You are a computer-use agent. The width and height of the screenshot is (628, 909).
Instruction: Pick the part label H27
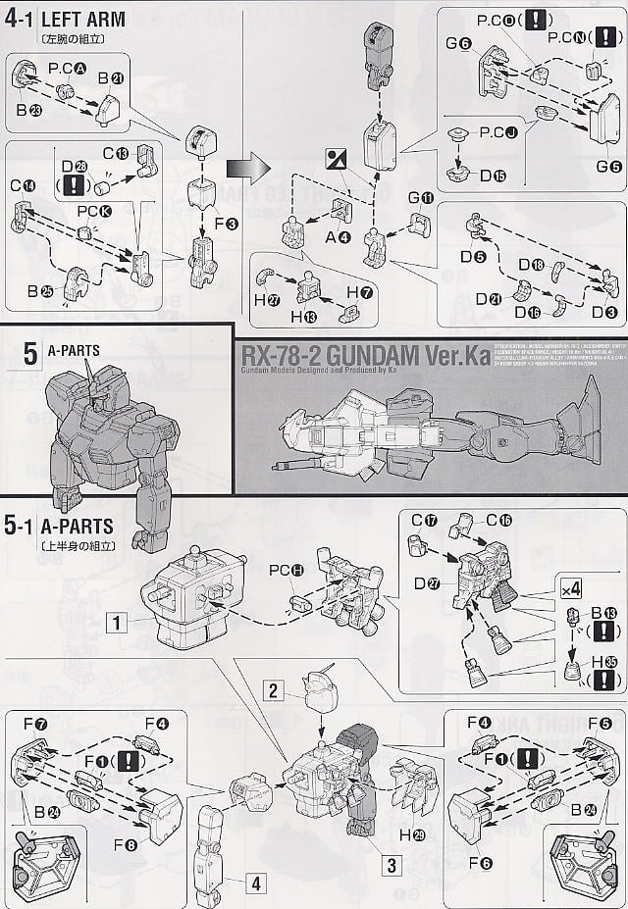(x=265, y=300)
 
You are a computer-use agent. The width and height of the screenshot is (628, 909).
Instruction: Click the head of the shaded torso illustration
(x=98, y=384)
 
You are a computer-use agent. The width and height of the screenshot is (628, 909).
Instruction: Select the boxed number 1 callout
(x=116, y=621)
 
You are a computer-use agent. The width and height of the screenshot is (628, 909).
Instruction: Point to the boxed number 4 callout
(x=255, y=883)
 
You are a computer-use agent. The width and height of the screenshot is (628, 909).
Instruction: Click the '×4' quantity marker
(x=571, y=589)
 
